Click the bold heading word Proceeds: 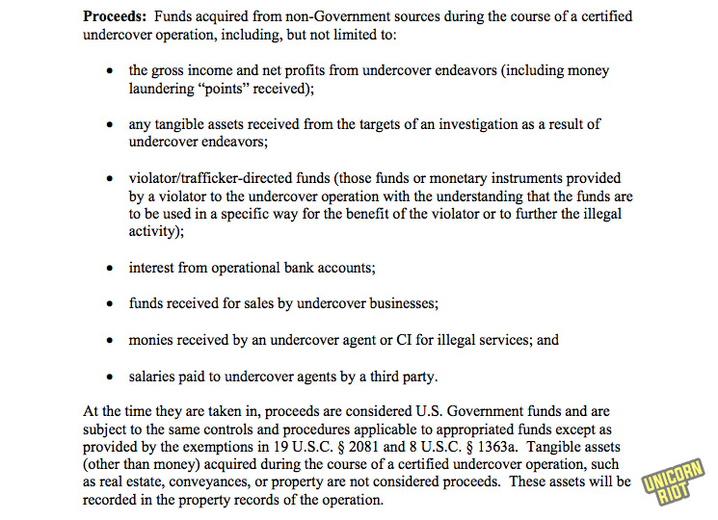coord(118,17)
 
